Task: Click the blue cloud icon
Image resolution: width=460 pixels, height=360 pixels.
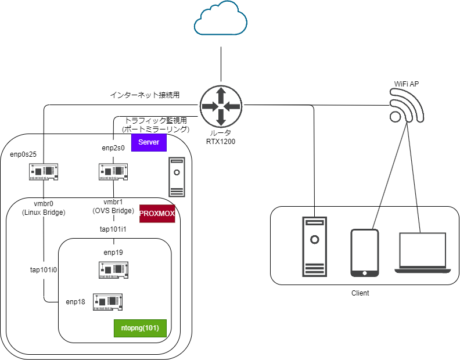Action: (x=221, y=19)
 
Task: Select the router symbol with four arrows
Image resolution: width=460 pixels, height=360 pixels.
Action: (x=221, y=106)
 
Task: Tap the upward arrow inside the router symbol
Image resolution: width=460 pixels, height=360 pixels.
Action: (x=221, y=93)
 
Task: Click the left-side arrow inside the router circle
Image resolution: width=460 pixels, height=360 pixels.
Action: (x=209, y=106)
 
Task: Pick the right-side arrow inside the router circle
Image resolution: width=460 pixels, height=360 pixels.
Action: (x=233, y=106)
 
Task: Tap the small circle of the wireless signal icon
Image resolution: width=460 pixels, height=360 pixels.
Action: (x=396, y=117)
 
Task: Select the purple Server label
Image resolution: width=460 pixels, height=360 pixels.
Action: (x=149, y=142)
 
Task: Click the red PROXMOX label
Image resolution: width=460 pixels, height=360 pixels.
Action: (x=157, y=214)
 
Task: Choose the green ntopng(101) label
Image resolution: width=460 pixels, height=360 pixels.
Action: (x=140, y=328)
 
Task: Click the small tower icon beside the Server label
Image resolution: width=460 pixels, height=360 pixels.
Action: (x=177, y=177)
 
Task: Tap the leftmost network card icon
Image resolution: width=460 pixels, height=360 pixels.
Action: (x=44, y=171)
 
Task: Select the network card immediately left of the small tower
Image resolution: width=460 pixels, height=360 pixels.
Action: (x=113, y=171)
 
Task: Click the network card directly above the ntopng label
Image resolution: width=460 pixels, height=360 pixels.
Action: (x=107, y=302)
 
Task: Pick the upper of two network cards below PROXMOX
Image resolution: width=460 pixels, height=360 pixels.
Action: (x=113, y=269)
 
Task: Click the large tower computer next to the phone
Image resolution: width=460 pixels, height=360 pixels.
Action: (x=314, y=247)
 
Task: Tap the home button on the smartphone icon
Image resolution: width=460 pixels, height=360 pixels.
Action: (x=365, y=272)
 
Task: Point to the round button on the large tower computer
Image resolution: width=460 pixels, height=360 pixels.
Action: (x=314, y=239)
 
